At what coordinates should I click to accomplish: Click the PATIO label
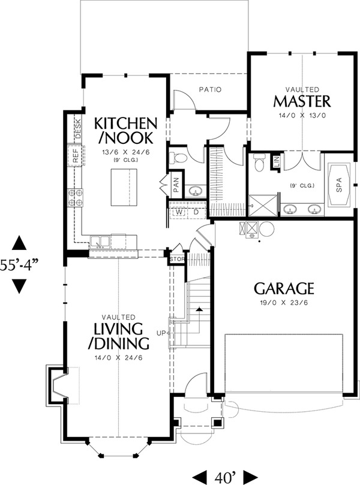point(210,90)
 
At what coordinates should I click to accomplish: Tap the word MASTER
point(302,101)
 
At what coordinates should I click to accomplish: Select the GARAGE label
point(284,288)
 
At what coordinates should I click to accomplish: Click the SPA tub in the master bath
point(339,185)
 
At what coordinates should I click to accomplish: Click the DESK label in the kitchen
point(79,129)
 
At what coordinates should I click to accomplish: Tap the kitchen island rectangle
point(124,188)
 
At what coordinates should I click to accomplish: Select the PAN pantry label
point(176,185)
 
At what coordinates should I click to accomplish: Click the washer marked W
point(179,212)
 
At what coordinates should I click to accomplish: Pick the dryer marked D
point(196,212)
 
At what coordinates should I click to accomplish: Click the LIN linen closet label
point(277,161)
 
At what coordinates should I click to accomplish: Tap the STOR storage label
point(177,259)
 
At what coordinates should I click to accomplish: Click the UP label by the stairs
point(161,333)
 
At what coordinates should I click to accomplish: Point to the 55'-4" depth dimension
point(19,265)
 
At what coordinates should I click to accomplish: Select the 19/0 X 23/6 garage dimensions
point(284,303)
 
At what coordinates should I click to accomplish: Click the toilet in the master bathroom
point(259,162)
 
